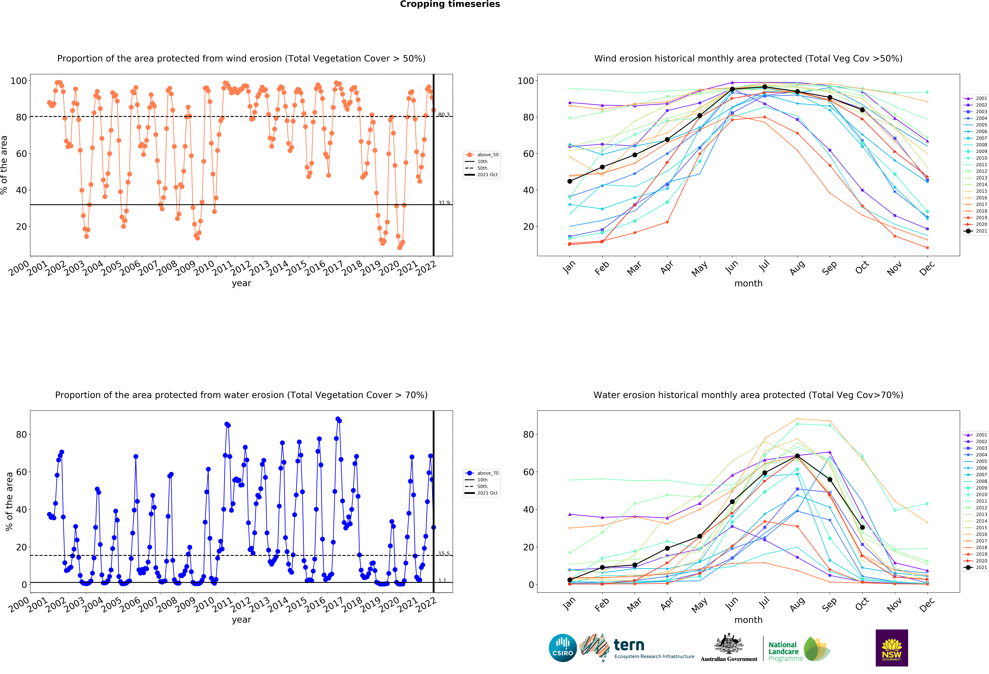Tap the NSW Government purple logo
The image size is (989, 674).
[x=892, y=648]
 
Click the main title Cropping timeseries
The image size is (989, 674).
[x=450, y=4]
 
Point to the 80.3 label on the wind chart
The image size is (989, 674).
[x=444, y=115]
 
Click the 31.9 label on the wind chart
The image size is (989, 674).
[x=444, y=203]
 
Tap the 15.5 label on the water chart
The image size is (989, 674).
[x=444, y=554]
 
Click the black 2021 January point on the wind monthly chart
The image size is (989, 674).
[x=570, y=181]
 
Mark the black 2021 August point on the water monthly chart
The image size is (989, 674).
[x=797, y=456]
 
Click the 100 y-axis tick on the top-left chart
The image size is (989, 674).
[x=19, y=81]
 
